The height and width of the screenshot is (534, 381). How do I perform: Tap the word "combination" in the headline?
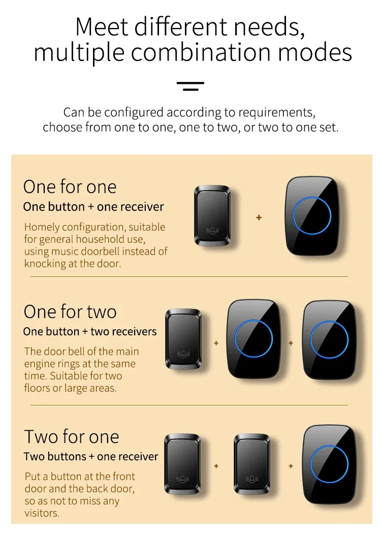201,52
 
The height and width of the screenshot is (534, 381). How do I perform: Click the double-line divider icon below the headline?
190,86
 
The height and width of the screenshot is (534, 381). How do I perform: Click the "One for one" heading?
70,186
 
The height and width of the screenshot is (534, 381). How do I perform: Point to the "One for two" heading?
70,311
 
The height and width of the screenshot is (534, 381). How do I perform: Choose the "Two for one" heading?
72,436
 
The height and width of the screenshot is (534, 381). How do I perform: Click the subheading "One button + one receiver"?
93,207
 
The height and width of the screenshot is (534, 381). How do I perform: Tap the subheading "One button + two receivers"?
90,331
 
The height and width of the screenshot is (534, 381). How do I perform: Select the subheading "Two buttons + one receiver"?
91,456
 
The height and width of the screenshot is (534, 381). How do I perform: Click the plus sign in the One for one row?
259,217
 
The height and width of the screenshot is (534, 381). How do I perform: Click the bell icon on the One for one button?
212,231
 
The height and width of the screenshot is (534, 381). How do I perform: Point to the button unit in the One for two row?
183,339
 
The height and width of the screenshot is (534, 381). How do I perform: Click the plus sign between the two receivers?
291,343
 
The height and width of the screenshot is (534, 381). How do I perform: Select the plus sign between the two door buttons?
216,466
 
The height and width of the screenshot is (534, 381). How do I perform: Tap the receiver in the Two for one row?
329,464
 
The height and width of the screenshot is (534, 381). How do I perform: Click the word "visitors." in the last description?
42,513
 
